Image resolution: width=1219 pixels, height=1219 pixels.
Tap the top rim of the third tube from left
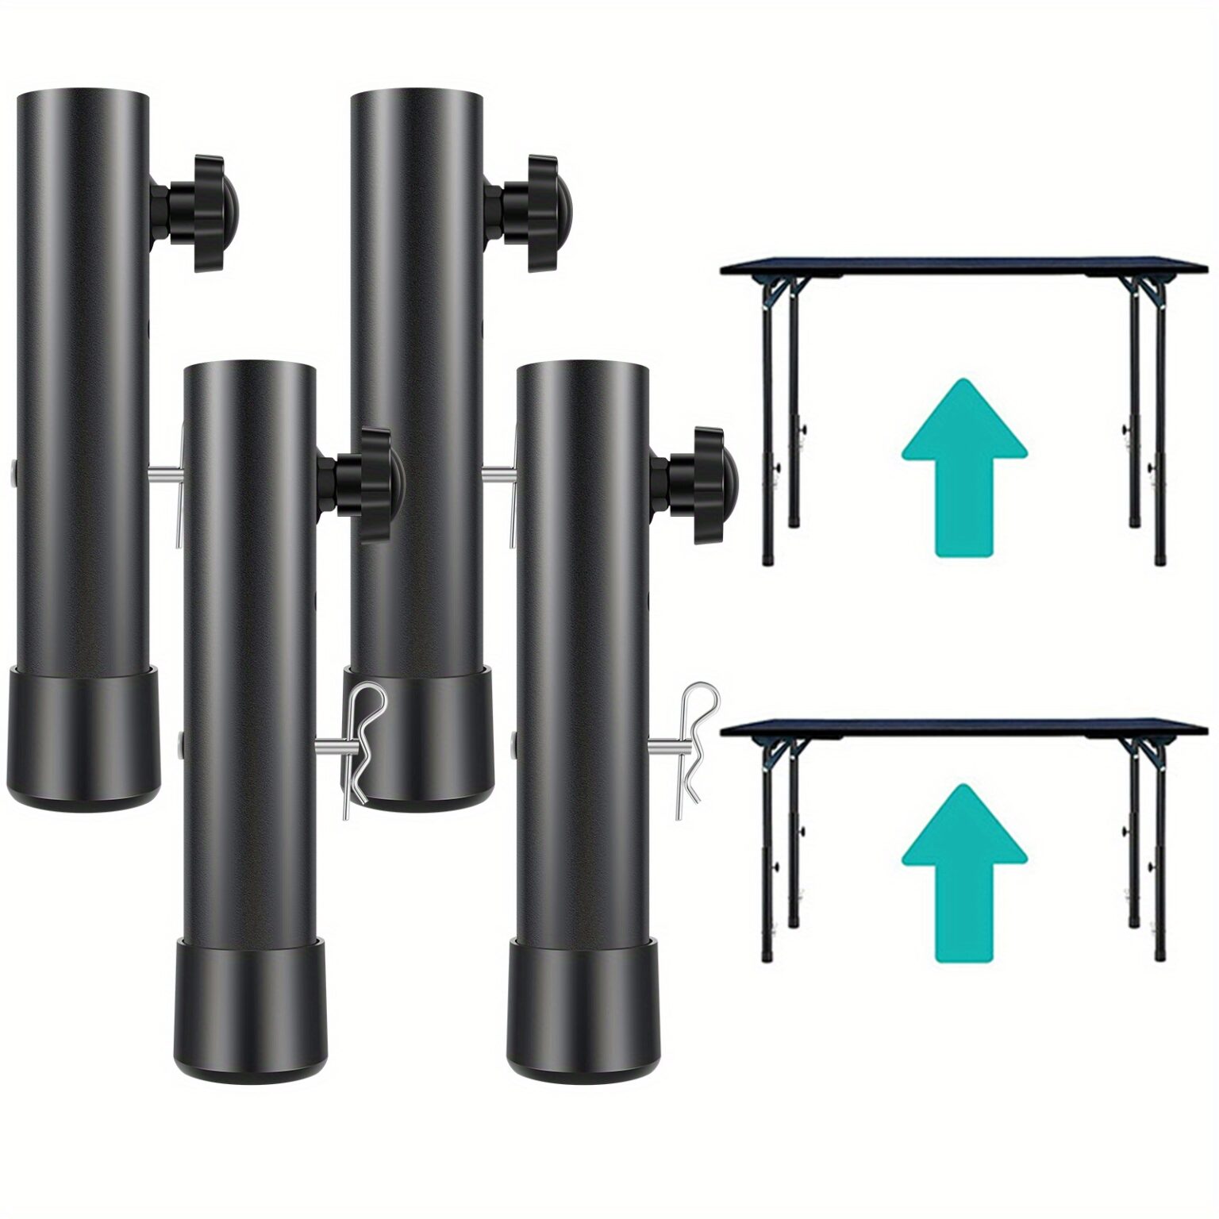pyautogui.click(x=416, y=95)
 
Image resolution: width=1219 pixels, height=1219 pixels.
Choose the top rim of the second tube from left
pyautogui.click(x=249, y=368)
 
